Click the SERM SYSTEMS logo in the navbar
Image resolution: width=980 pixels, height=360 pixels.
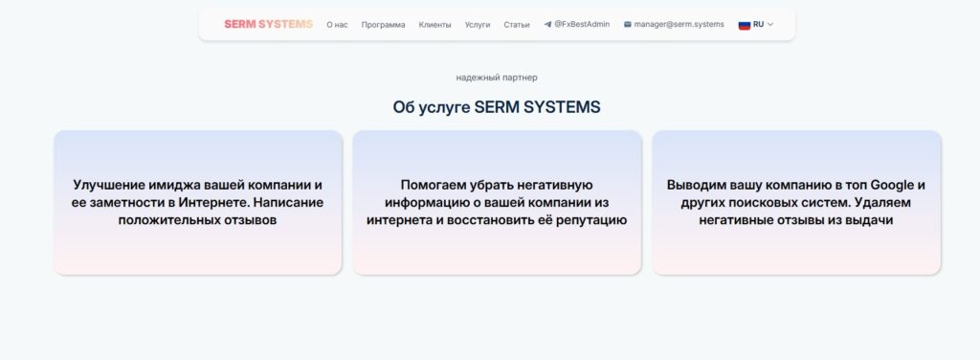[x=268, y=24]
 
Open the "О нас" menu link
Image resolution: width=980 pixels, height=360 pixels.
[x=337, y=25]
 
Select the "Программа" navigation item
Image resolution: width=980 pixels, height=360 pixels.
[x=383, y=25]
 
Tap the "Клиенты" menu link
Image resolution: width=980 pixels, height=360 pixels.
[x=434, y=25]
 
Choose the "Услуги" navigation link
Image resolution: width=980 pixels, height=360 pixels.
[x=478, y=25]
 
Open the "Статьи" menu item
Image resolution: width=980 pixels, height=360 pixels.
[x=517, y=25]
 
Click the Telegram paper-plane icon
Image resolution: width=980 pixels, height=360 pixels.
[x=547, y=24]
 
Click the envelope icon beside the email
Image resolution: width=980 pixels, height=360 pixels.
[x=627, y=24]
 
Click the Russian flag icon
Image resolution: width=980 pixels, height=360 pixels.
[x=744, y=24]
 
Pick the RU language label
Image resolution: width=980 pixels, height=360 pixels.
[x=759, y=24]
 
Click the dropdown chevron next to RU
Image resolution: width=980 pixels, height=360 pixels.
[x=770, y=24]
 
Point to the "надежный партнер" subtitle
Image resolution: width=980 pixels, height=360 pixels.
[x=490, y=78]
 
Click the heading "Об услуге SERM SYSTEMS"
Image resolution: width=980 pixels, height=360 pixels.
[x=496, y=106]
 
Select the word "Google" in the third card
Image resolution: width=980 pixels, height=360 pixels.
[x=892, y=184]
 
